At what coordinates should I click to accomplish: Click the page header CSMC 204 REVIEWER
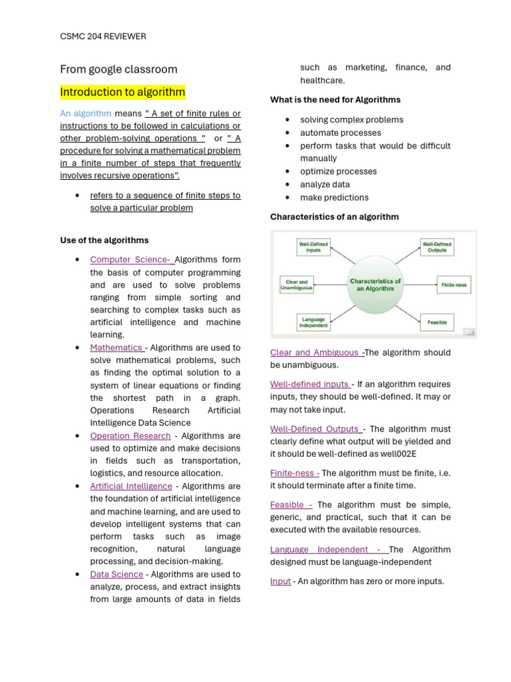102,37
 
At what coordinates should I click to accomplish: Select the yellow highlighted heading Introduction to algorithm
122,92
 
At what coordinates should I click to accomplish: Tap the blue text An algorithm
85,114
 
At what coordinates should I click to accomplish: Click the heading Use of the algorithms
104,240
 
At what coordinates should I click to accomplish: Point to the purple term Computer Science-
131,260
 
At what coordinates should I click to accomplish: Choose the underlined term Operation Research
130,436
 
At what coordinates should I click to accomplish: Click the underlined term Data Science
116,574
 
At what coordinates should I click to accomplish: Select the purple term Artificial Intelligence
131,486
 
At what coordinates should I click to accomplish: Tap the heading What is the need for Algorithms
335,100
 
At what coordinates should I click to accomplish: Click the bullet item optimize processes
338,171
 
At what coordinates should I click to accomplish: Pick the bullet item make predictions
334,197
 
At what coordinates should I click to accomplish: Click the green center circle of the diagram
375,285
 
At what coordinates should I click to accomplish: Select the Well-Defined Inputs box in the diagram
313,247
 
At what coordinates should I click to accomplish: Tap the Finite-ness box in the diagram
454,284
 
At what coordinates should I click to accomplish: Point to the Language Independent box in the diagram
313,322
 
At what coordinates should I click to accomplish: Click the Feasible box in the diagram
436,322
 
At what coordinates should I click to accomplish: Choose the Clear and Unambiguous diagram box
297,285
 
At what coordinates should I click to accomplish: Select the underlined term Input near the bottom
280,581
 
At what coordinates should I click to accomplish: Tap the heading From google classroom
118,69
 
